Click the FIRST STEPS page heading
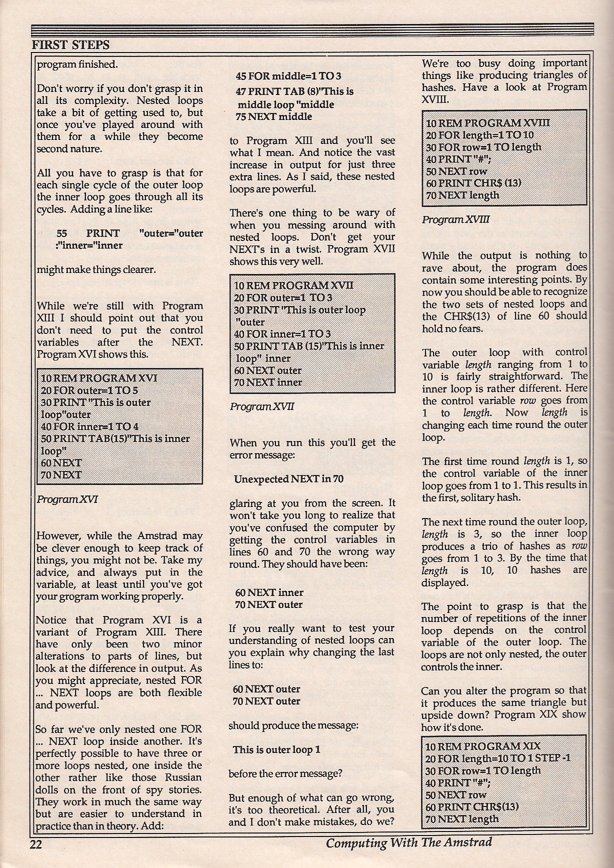70,45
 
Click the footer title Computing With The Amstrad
408,842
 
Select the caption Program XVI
67,499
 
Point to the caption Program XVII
261,406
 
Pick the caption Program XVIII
455,219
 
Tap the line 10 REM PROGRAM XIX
482,747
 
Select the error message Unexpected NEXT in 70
288,479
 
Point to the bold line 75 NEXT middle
273,117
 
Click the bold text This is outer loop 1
276,749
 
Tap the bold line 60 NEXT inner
269,592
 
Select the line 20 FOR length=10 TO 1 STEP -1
498,758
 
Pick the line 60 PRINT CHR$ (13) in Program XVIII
473,183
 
